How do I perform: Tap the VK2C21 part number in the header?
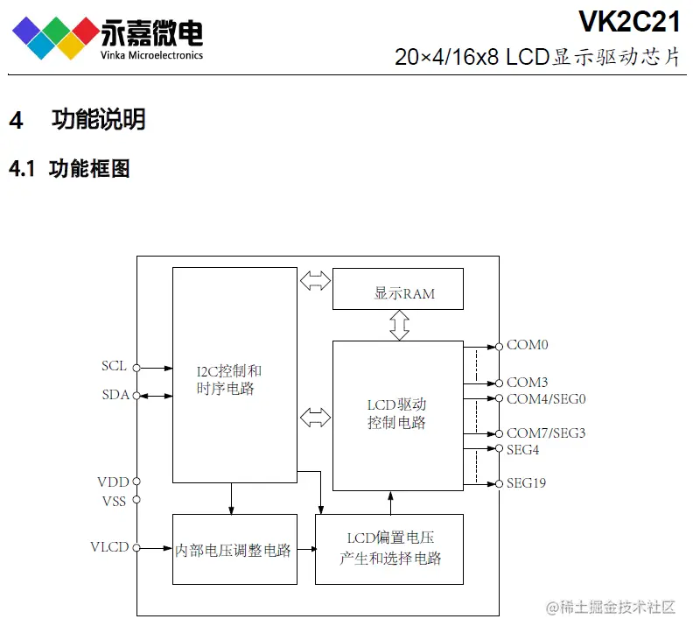click(x=628, y=20)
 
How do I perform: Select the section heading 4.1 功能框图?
click(x=70, y=169)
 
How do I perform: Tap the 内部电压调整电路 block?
click(x=232, y=550)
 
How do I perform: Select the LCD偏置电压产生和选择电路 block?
click(x=389, y=549)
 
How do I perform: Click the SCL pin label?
click(x=114, y=366)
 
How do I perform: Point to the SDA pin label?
click(x=115, y=395)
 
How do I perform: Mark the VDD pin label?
click(x=113, y=482)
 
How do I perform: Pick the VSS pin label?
click(x=114, y=500)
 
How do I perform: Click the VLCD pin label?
click(x=109, y=547)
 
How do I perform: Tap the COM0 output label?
click(x=527, y=345)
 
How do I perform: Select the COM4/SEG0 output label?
click(x=546, y=398)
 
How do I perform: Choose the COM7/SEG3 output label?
click(x=546, y=433)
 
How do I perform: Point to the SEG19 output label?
click(x=526, y=482)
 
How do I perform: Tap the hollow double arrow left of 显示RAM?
click(x=315, y=281)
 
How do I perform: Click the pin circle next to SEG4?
click(x=499, y=449)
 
